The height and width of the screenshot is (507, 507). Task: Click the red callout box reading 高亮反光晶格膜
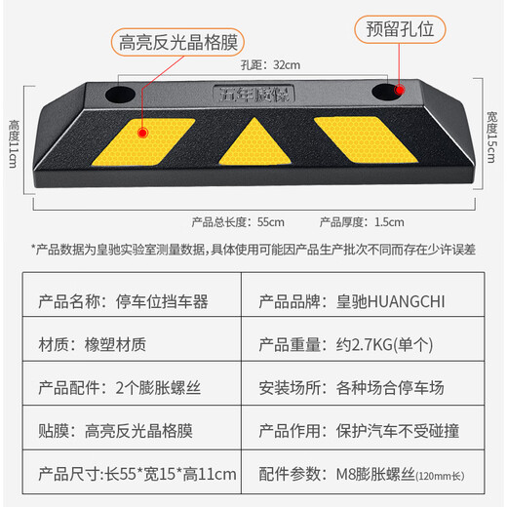click(176, 41)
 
